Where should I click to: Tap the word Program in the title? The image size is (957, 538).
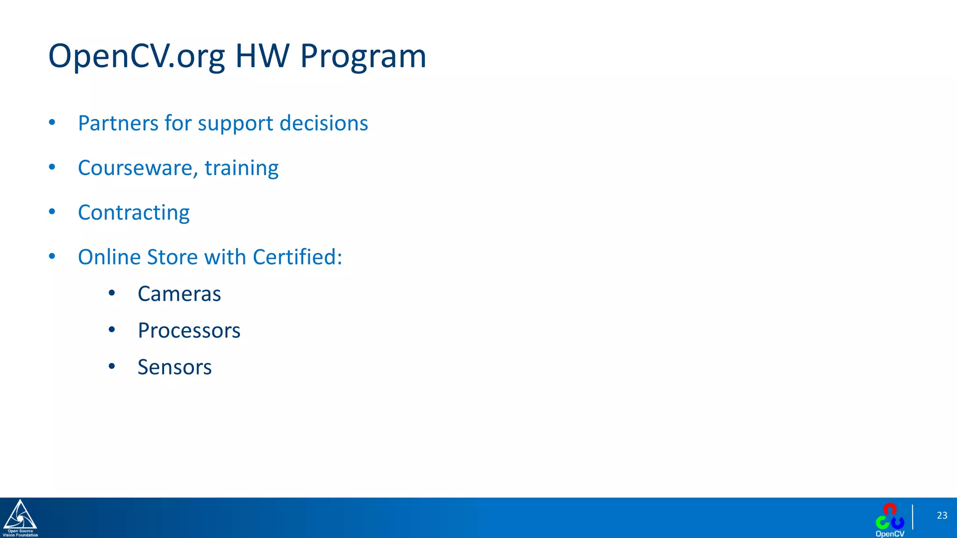coord(363,57)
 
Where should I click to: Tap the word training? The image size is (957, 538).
coord(241,168)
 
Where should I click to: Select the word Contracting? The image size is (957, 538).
coord(134,212)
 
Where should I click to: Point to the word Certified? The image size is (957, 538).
coord(297,257)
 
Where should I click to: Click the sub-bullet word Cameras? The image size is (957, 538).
coord(179,294)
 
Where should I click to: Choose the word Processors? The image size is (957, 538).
coord(189,331)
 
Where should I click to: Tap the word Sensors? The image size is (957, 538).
coord(174,367)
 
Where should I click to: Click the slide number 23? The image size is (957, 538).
coord(942,516)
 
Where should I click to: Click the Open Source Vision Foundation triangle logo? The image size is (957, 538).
coord(20,516)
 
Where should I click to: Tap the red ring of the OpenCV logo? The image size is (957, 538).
coord(890,509)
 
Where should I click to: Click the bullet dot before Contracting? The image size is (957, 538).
coord(52,212)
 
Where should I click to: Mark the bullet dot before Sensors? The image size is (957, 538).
coord(112,367)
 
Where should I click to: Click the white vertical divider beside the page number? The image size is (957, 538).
coord(912,517)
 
